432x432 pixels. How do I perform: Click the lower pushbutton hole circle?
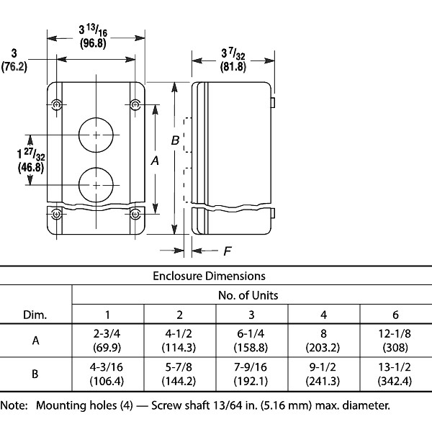pyautogui.click(x=96, y=185)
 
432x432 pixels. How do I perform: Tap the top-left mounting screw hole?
pyautogui.click(x=58, y=106)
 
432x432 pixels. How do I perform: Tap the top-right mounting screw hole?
pyautogui.click(x=135, y=106)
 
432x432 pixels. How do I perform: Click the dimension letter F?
pyautogui.click(x=227, y=251)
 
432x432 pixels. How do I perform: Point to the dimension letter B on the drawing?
pyautogui.click(x=175, y=141)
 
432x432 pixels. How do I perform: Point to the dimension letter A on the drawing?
pyautogui.click(x=154, y=162)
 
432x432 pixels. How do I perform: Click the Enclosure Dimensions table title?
pyautogui.click(x=209, y=276)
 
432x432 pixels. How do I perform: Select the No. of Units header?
pyautogui.click(x=248, y=295)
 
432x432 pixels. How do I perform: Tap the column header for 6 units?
pyautogui.click(x=395, y=315)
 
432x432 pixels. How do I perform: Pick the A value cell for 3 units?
pyautogui.click(x=251, y=341)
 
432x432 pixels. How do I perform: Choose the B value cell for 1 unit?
pyautogui.click(x=107, y=374)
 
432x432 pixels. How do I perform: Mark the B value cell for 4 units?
pyautogui.click(x=323, y=374)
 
